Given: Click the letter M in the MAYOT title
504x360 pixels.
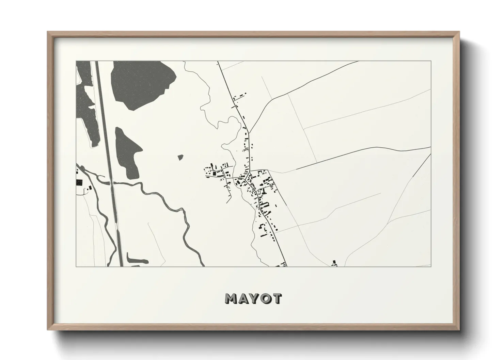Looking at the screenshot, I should (x=232, y=298).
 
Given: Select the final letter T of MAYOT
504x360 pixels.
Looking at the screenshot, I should (x=277, y=298).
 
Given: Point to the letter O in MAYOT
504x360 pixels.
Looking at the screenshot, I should (x=266, y=298).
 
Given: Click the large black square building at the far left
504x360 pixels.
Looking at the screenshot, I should (x=79, y=182).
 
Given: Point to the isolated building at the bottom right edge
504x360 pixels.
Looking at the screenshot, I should (x=334, y=263).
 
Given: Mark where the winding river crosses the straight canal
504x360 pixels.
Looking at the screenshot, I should (x=112, y=183).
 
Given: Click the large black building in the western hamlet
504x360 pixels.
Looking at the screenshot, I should (x=214, y=174).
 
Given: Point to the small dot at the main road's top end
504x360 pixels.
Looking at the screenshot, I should (x=217, y=63).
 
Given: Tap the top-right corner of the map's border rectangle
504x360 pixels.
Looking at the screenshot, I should (x=431, y=61).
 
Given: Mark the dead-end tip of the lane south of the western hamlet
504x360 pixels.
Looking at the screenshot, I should (x=226, y=203).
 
